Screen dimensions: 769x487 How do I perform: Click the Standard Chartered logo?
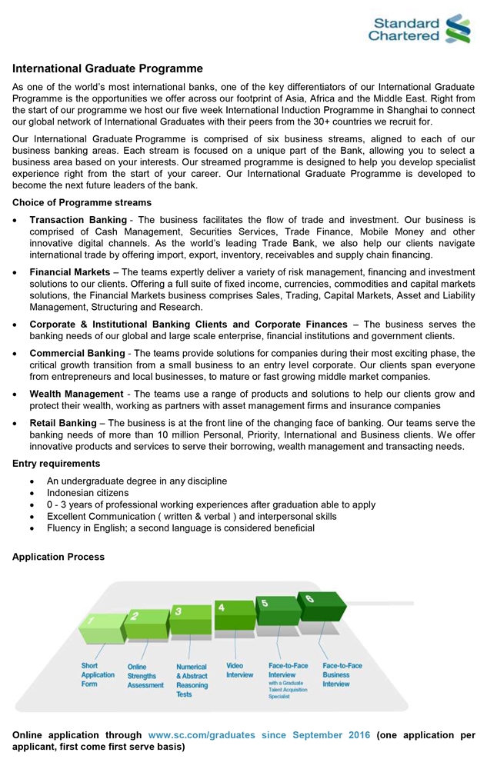pos(419,28)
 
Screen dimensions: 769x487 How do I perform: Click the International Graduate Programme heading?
pos(107,69)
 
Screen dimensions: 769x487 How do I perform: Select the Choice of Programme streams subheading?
pos(82,202)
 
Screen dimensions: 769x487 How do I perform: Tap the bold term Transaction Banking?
pos(78,220)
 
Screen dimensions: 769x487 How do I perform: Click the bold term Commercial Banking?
pos(77,353)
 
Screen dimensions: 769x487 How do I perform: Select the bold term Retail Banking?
pos(63,423)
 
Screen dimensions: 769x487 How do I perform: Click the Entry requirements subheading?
pos(56,464)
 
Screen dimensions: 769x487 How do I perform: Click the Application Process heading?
pos(58,557)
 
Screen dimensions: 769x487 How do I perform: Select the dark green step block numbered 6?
pos(322,606)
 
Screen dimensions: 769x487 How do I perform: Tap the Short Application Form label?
pos(98,674)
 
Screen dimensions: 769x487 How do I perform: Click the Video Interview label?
pos(239,670)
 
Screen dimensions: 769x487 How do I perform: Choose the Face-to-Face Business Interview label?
pos(342,674)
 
